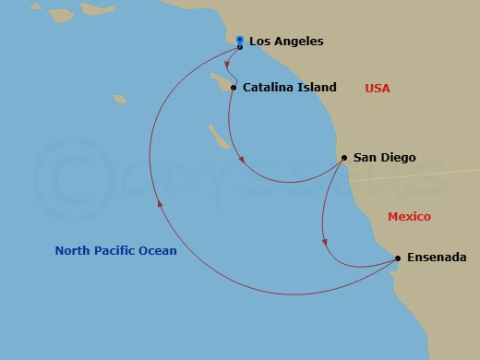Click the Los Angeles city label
pos(286,42)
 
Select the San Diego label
pos(384,158)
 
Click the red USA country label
pos(378,89)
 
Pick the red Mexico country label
pos(409,216)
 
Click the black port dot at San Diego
pos(343,158)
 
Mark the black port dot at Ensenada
pos(398,258)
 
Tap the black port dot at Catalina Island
pos(234,89)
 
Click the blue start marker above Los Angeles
pos(240,41)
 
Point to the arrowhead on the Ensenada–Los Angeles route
pos(159,206)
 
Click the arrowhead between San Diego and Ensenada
pos(324,242)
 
